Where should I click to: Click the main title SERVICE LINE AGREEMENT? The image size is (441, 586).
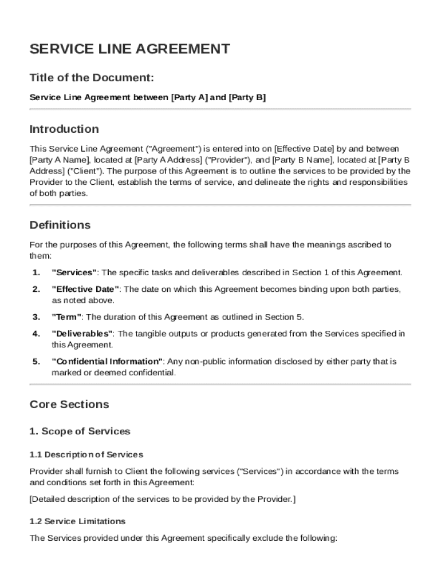click(129, 49)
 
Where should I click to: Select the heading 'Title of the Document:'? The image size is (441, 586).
click(92, 78)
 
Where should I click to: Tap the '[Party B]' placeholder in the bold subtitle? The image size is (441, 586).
click(247, 98)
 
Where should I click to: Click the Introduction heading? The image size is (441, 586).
click(64, 129)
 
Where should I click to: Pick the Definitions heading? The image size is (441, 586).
click(60, 225)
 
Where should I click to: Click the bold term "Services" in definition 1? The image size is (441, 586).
click(74, 272)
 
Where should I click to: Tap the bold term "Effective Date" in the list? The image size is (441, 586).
click(86, 290)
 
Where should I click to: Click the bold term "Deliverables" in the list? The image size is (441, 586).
click(82, 334)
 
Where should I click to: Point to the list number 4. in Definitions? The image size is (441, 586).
click(36, 334)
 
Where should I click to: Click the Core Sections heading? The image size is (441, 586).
click(69, 405)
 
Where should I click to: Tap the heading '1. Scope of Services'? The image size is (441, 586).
click(80, 431)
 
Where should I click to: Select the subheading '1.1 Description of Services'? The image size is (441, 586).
click(86, 455)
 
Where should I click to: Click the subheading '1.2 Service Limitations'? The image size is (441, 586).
click(77, 521)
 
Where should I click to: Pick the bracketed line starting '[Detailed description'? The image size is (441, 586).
click(163, 500)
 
